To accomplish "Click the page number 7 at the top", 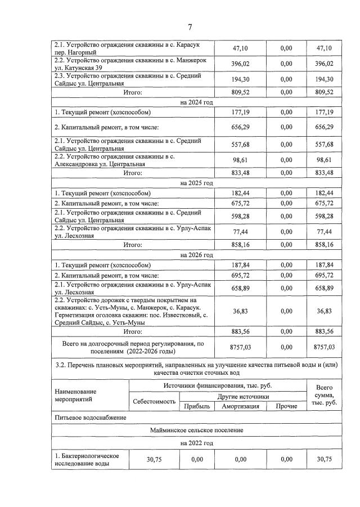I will (190, 27).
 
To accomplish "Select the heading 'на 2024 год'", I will (196, 102).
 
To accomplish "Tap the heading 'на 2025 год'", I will (196, 183).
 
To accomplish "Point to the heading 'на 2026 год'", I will (196, 255).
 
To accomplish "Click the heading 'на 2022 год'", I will (196, 443).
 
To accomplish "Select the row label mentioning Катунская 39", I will (128, 64).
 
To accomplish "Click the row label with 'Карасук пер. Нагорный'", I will (128, 48).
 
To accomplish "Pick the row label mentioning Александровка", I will (128, 160).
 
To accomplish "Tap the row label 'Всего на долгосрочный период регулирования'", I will (133, 346).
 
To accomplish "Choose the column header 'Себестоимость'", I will (154, 402).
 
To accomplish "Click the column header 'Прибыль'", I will (196, 406).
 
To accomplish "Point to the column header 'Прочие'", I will (286, 406).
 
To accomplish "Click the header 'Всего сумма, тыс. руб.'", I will (324, 395).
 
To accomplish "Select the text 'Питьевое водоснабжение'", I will (91, 418).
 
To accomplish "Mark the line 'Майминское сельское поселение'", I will (196, 430).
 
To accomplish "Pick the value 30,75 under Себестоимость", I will (154, 459).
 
